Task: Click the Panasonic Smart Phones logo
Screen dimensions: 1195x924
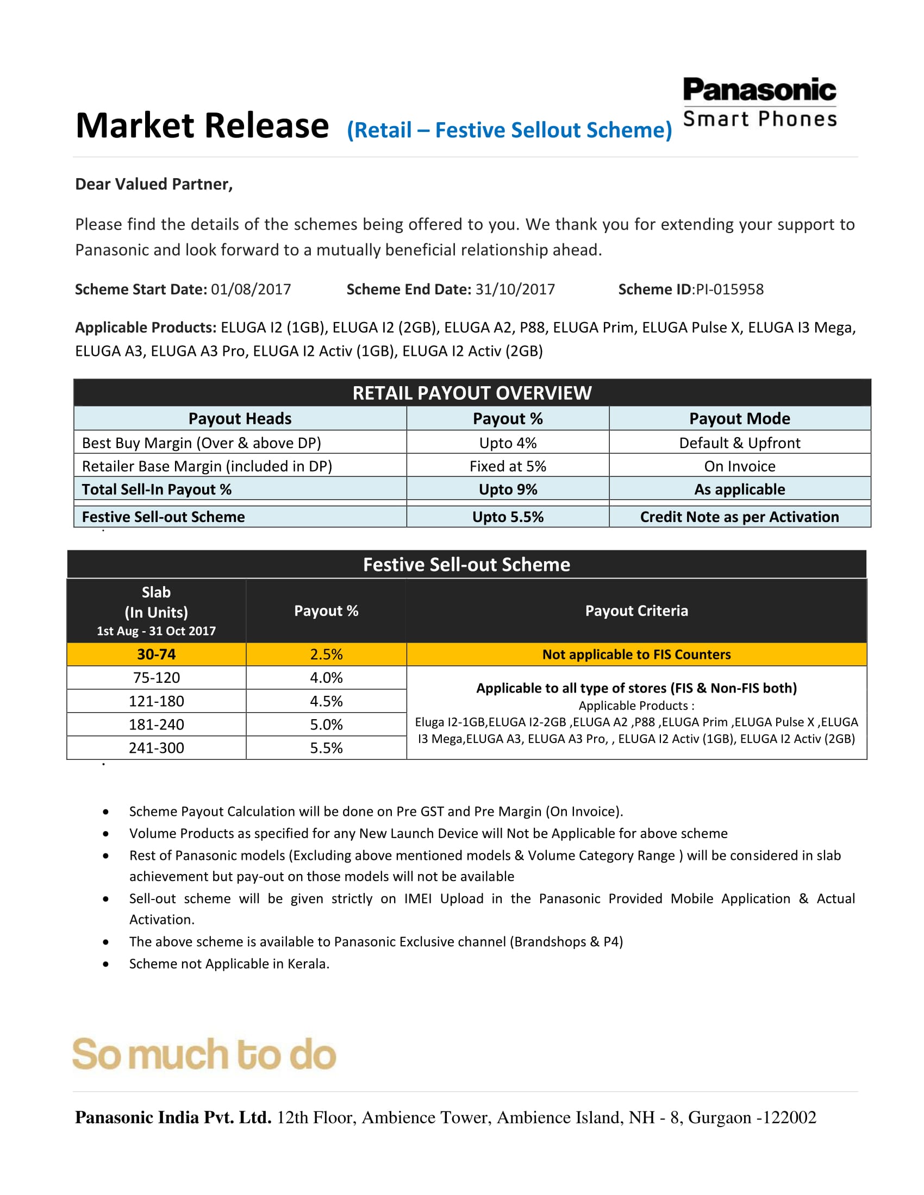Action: click(x=760, y=102)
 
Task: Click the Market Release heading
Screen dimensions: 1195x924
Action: click(x=202, y=126)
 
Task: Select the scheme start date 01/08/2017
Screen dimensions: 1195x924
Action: click(x=251, y=289)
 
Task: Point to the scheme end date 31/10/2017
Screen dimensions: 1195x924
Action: click(x=515, y=289)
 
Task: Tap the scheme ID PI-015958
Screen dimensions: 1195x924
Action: click(x=729, y=289)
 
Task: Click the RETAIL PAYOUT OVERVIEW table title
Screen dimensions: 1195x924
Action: click(x=472, y=393)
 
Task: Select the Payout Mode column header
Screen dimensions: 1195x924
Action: click(x=739, y=419)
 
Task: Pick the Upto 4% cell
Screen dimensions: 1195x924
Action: click(x=508, y=443)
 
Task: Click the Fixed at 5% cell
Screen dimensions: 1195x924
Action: click(x=508, y=466)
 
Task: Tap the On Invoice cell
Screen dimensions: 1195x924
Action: click(x=739, y=466)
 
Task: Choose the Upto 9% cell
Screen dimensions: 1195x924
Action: click(x=508, y=489)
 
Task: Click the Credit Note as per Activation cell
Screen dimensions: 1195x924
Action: click(x=739, y=517)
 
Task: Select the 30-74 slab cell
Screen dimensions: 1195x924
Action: click(x=156, y=655)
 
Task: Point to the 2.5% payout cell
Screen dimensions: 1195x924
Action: click(x=326, y=655)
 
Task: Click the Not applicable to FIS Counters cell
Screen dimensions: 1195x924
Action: click(x=636, y=655)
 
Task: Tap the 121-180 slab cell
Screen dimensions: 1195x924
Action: click(x=156, y=701)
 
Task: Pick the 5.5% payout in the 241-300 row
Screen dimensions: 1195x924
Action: click(x=326, y=748)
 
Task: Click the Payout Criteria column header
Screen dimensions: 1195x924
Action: click(x=636, y=611)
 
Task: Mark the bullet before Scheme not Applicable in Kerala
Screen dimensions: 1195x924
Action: click(x=105, y=964)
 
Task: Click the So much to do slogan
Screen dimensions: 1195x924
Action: click(x=204, y=1054)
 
